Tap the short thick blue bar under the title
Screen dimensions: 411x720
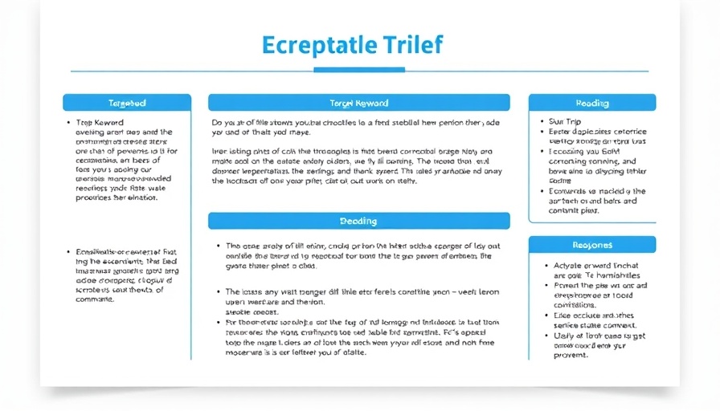(359, 70)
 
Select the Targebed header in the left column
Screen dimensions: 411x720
(127, 103)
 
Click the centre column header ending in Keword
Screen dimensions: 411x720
(358, 103)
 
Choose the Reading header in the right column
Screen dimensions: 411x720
(592, 103)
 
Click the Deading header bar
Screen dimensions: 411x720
(358, 221)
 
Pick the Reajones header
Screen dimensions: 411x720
(592, 245)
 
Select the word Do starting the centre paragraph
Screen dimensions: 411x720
(216, 123)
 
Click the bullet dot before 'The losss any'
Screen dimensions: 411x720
(218, 291)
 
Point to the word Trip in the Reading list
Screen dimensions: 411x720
(574, 122)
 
